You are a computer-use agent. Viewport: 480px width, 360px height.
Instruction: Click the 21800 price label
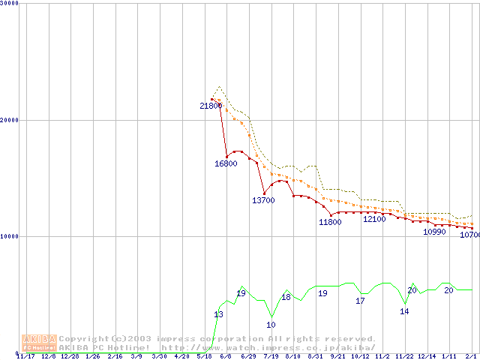coord(211,106)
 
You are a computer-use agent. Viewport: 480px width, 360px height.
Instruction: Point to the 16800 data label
coord(226,163)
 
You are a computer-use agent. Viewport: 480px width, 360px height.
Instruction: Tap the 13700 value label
coord(263,200)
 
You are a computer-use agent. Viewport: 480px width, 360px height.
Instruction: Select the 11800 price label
coord(330,222)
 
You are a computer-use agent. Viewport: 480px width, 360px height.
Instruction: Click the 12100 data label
coord(374,219)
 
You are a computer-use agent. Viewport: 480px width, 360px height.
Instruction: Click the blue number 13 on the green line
coord(218,314)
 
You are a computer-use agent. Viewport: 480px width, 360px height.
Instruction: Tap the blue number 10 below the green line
coord(271,325)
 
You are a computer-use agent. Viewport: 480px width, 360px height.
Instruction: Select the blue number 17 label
coord(360,301)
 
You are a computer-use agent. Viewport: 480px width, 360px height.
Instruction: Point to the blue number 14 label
coord(404,311)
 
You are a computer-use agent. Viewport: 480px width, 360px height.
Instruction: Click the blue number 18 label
coord(286,297)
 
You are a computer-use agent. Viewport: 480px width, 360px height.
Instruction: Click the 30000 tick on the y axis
coord(10,4)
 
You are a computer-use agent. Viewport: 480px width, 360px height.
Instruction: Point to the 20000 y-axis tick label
coord(10,120)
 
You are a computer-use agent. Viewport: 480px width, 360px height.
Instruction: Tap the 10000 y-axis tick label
coord(10,236)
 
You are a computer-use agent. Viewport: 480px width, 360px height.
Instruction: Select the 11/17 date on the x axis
coord(25,356)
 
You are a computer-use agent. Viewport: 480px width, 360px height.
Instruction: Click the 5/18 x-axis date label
coord(203,356)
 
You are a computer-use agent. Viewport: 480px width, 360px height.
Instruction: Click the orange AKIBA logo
coord(39,343)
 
